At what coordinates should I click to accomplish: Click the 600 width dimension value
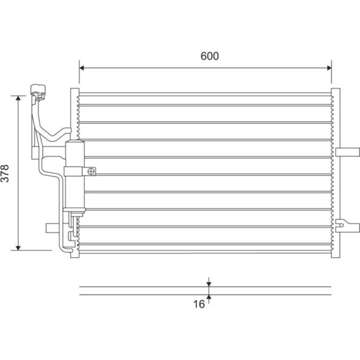coord(210,56)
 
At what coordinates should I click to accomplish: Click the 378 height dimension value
coord(5,174)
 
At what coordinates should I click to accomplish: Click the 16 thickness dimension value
coord(199,304)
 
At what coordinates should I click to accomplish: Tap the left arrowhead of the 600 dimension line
coord(82,68)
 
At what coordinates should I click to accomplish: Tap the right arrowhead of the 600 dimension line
coord(329,68)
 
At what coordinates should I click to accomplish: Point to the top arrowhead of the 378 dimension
coord(18,98)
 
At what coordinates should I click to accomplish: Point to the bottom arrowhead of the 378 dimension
coord(18,248)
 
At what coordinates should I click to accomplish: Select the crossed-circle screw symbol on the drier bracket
coord(91,171)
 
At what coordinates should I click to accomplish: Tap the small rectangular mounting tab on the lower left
coord(54,228)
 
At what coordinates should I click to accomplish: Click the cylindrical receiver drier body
coord(75,176)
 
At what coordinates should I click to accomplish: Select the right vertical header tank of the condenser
coord(336,173)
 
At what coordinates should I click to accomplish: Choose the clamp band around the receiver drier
coord(73,171)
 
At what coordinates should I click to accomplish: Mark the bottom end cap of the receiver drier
coord(74,210)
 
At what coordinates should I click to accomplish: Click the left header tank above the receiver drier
coord(75,114)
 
